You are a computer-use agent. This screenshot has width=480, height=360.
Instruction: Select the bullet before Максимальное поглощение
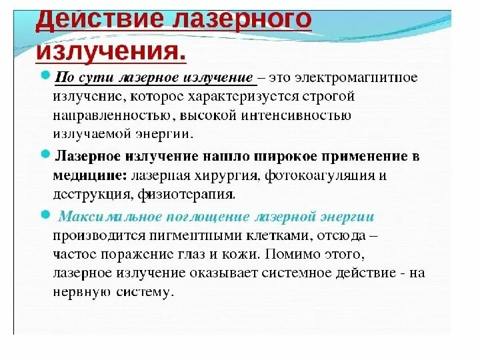(45, 215)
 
